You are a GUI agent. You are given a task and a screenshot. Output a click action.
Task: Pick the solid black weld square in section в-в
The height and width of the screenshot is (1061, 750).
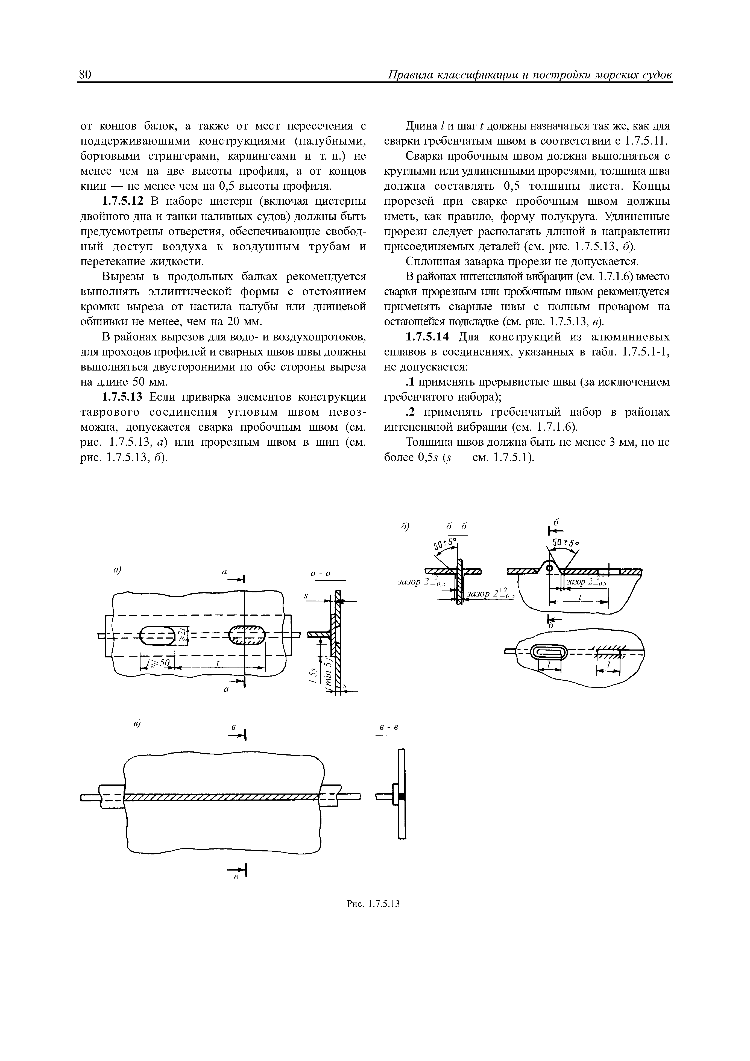pos(402,797)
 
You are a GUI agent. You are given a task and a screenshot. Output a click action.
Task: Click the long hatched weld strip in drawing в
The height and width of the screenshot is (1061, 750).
pos(222,797)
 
